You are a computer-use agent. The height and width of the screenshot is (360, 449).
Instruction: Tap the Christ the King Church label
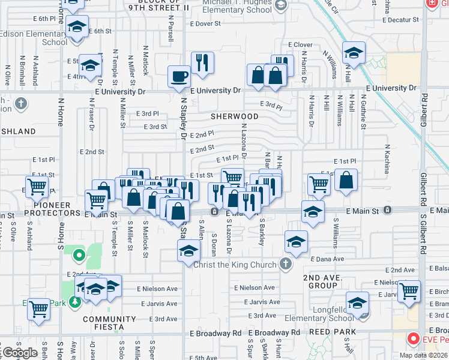235,264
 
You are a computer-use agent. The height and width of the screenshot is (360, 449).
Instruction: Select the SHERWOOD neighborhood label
234,116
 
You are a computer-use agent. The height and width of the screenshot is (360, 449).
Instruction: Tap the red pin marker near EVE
413,339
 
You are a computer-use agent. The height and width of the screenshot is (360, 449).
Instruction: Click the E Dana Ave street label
327,259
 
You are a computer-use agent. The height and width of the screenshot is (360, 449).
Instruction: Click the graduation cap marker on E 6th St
76,28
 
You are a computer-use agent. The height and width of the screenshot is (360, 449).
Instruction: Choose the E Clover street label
300,45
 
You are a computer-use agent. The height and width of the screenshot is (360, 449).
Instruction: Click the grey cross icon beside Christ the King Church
286,264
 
